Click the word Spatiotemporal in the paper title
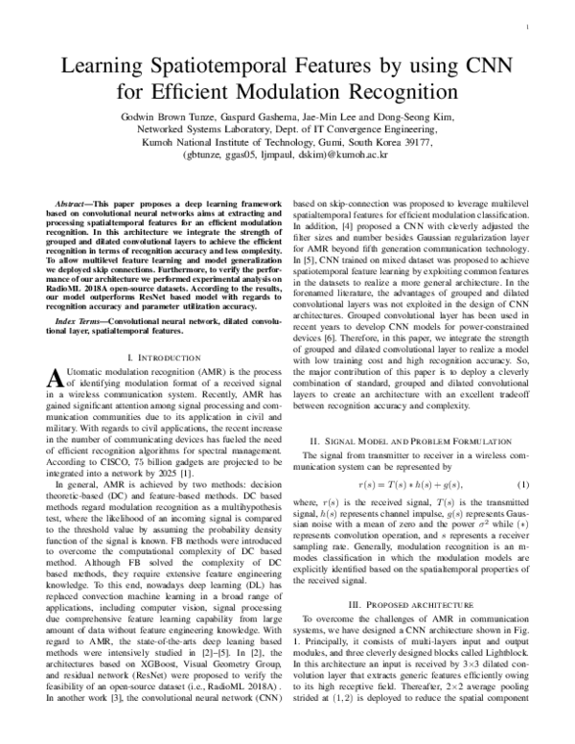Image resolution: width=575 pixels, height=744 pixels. (x=244, y=67)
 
